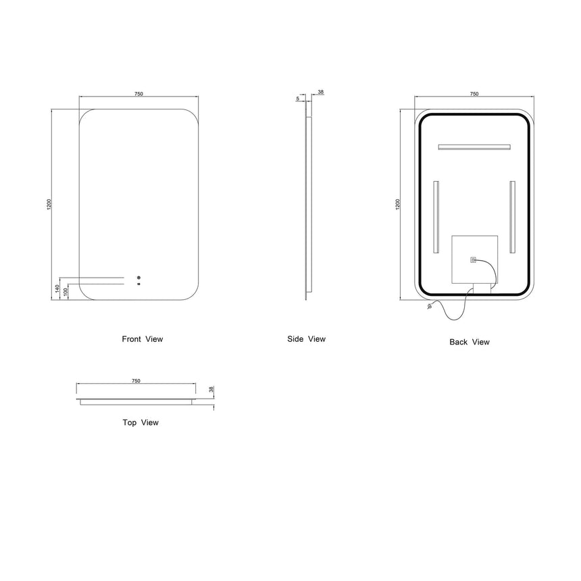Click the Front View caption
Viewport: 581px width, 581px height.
pos(143,339)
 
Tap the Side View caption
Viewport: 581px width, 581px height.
pos(307,339)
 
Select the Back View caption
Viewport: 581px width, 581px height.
pos(470,342)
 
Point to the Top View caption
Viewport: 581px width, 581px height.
pos(141,422)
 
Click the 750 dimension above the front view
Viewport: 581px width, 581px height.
pos(138,94)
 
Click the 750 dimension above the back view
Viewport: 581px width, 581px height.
pos(474,94)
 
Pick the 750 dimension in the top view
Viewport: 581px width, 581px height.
pos(136,381)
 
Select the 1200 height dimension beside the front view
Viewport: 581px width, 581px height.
pos(49,205)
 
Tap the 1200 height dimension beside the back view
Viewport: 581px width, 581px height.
pos(398,205)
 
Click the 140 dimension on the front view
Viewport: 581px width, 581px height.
pos(57,288)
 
